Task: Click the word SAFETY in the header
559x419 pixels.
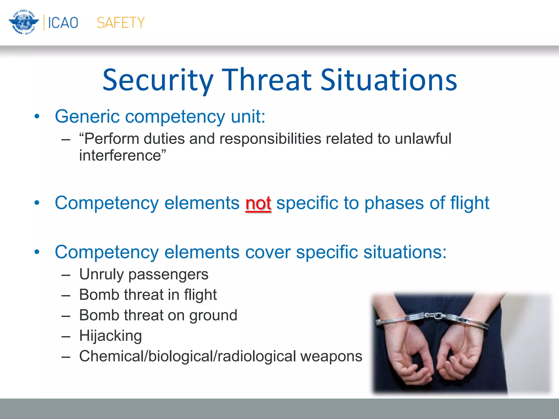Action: (121, 23)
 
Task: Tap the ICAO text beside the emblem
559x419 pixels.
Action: (63, 23)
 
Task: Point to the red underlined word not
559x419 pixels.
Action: (258, 203)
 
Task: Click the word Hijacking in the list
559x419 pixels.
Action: (110, 336)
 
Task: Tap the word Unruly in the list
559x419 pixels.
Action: (101, 274)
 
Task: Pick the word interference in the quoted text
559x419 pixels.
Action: (120, 155)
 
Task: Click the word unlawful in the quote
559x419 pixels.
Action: (423, 139)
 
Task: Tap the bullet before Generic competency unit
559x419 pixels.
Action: (37, 117)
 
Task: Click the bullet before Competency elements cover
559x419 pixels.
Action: (37, 252)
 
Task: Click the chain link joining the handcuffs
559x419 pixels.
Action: (433, 316)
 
